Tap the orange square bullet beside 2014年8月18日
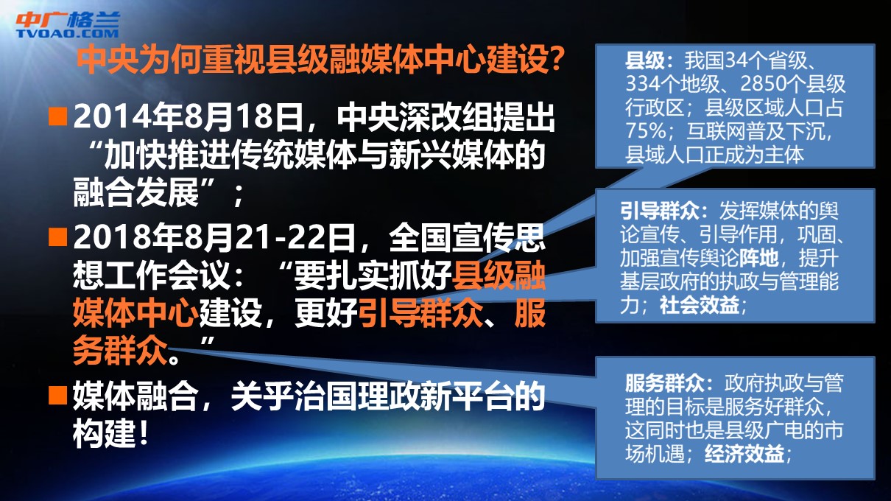click(57, 116)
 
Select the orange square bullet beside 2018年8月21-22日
click(57, 237)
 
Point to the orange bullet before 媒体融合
click(57, 395)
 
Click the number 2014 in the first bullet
click(104, 117)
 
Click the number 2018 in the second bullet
click(104, 237)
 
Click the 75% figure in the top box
click(645, 130)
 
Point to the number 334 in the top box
click(643, 84)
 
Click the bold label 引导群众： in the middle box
click(664, 211)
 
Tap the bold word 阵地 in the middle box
click(758, 259)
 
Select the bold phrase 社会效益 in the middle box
click(700, 306)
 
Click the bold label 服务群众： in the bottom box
click(669, 383)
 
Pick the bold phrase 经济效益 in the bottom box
click(744, 454)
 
